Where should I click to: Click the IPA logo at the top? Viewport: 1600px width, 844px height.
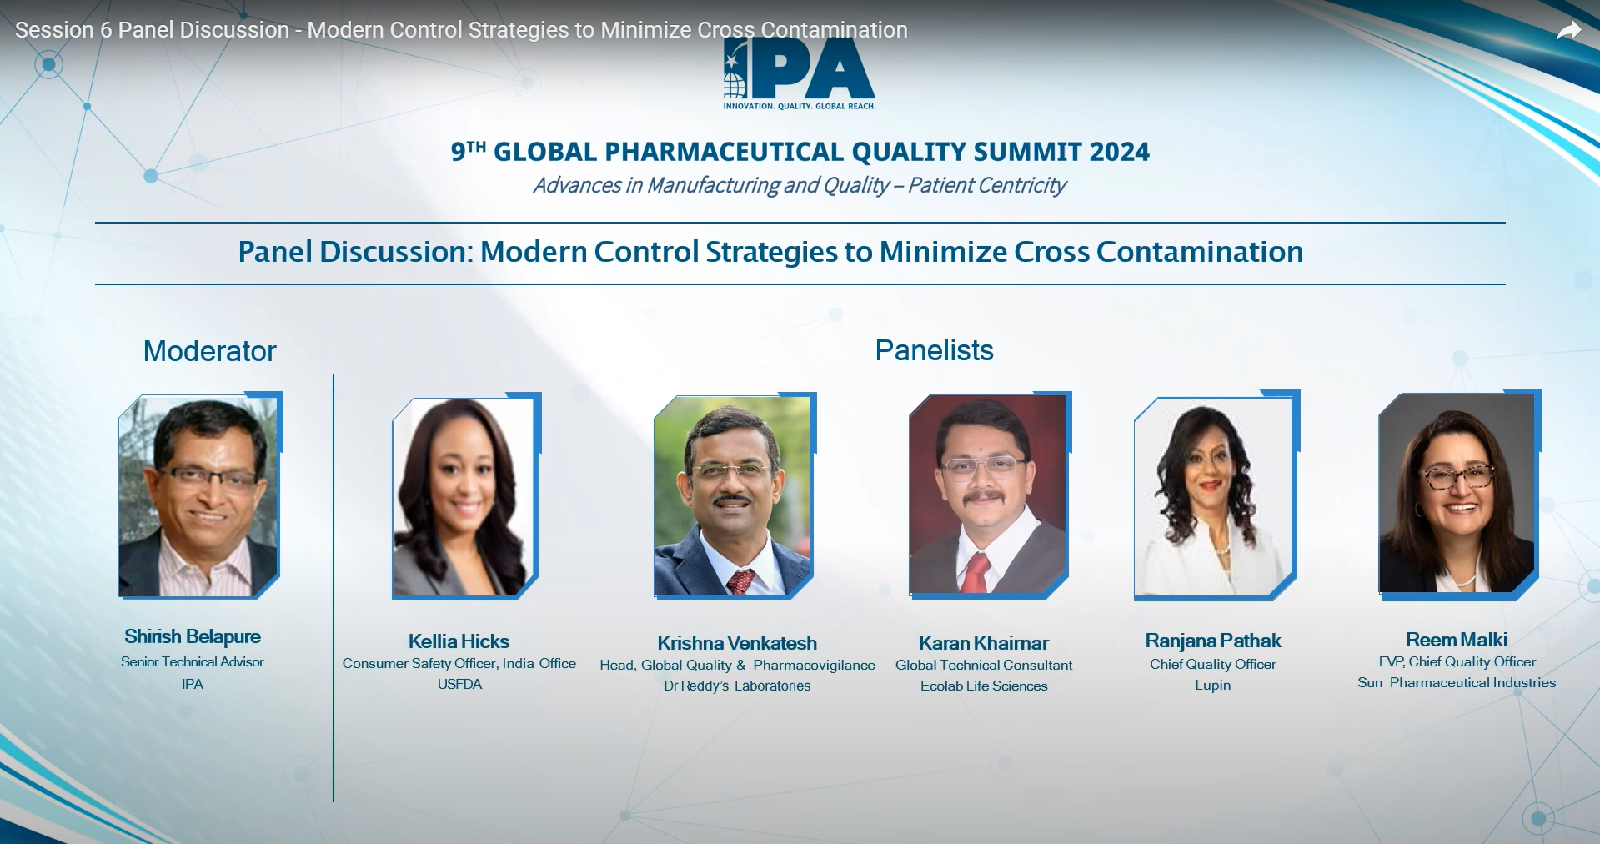[800, 73]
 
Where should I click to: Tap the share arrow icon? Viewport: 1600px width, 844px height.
[1568, 31]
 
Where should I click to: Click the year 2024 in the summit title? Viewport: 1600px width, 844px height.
[1119, 152]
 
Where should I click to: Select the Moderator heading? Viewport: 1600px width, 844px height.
[209, 351]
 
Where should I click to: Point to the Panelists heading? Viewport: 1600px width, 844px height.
[934, 350]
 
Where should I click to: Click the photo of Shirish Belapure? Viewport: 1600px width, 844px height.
[199, 496]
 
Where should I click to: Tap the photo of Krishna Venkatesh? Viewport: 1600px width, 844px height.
[734, 496]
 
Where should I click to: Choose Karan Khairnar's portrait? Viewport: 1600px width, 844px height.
[989, 495]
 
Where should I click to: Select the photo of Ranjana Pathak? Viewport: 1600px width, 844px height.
[1216, 495]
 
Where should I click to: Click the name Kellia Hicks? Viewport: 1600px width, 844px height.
[459, 641]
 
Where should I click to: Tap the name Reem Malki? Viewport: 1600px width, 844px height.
[1457, 640]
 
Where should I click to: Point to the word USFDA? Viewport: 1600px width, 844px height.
[459, 684]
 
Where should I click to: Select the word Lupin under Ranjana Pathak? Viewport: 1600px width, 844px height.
[1212, 686]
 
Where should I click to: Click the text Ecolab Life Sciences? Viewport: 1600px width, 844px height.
[984, 686]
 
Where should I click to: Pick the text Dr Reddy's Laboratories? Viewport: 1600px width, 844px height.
[737, 686]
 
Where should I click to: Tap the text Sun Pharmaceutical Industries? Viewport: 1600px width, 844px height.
[1457, 682]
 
